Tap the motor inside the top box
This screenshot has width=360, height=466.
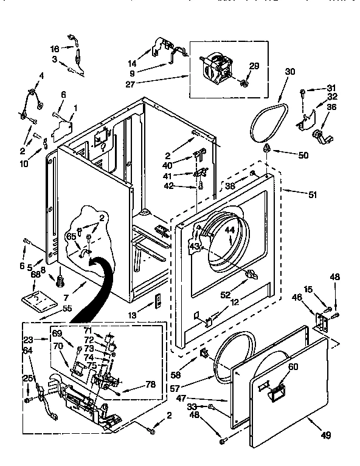[217, 66]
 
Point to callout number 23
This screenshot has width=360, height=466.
[27, 340]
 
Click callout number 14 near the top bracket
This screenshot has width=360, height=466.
[132, 63]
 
